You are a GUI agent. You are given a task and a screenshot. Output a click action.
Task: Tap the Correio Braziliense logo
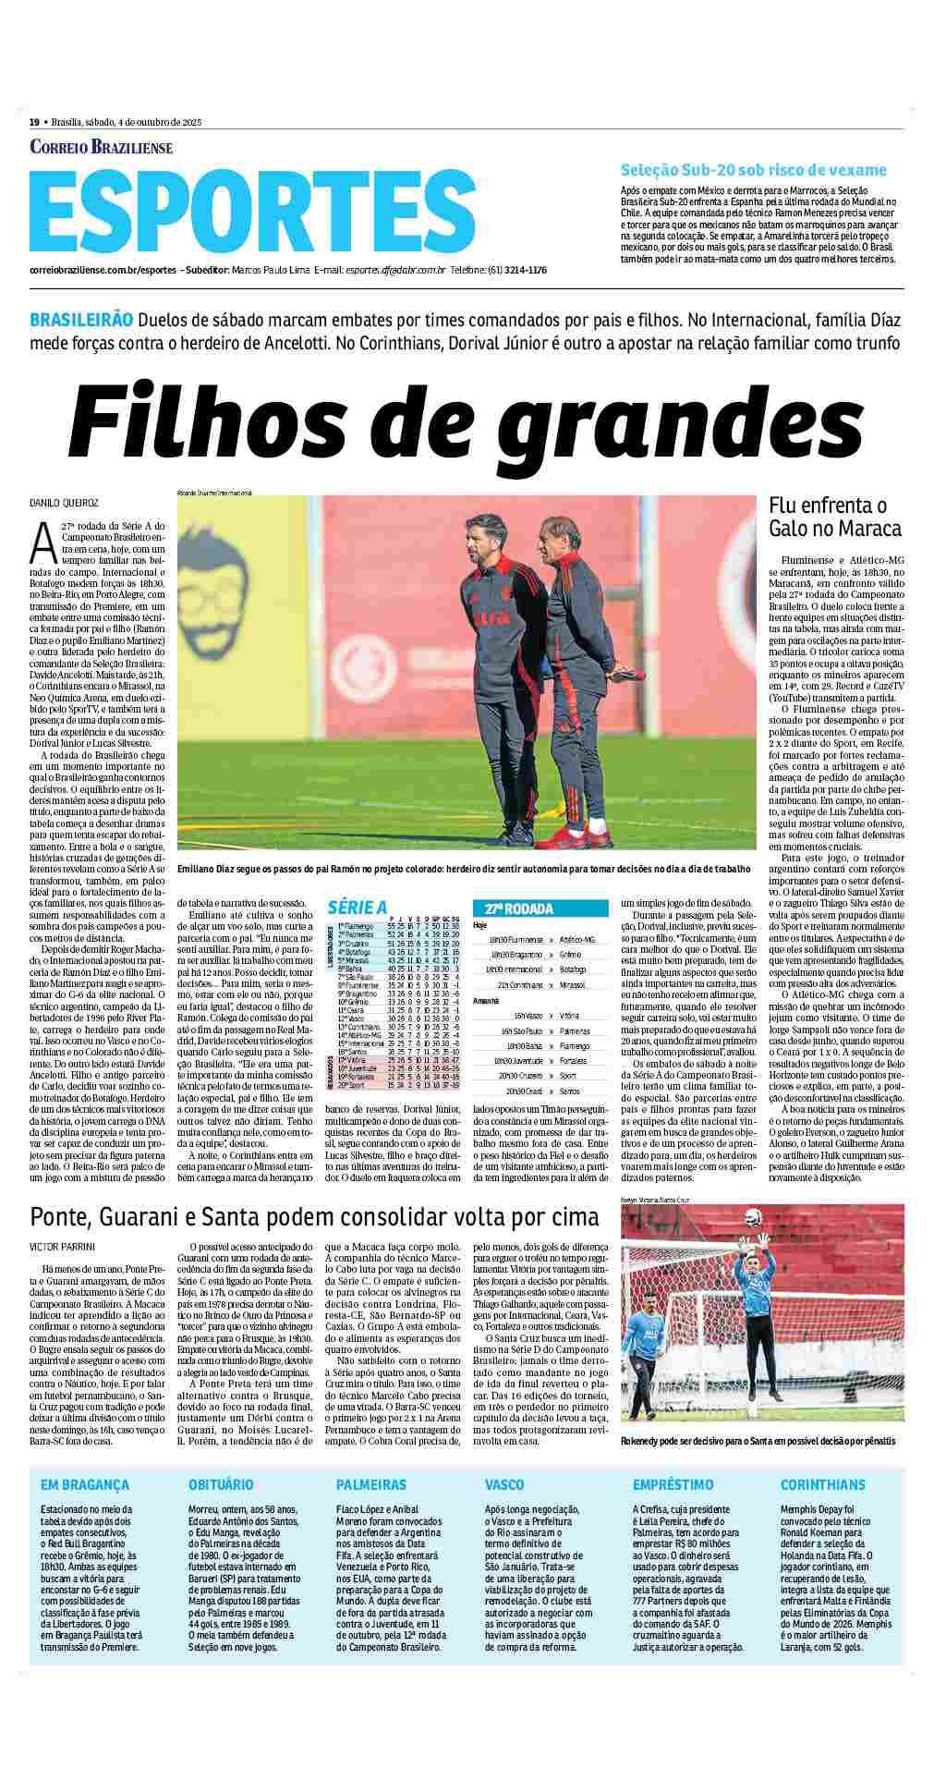click(x=102, y=147)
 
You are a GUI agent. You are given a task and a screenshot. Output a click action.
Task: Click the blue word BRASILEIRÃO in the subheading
click(x=81, y=320)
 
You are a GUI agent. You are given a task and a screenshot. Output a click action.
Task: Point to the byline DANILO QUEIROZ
click(x=64, y=503)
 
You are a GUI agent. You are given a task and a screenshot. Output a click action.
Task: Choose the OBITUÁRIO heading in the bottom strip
click(x=221, y=1485)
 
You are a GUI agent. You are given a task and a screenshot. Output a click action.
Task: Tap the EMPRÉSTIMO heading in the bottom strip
click(x=673, y=1485)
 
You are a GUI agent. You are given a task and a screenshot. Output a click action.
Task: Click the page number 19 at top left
click(x=34, y=122)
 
